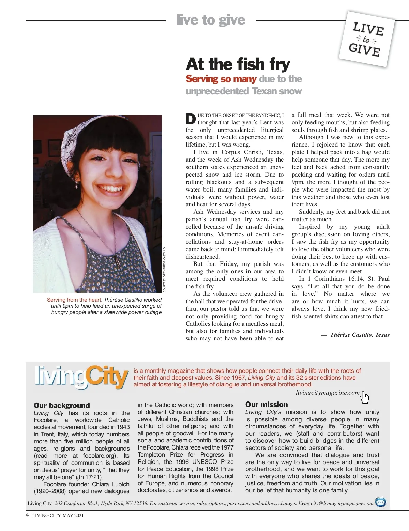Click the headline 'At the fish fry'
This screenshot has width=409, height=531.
pyautogui.click(x=238, y=64)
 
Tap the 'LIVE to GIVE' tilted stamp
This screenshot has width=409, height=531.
pyautogui.click(x=367, y=39)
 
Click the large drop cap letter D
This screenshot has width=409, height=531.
pyautogui.click(x=191, y=119)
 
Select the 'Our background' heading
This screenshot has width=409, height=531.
pyautogui.click(x=62, y=405)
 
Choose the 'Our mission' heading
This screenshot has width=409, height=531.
pyautogui.click(x=267, y=404)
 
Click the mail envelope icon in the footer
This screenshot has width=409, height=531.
pyautogui.click(x=380, y=502)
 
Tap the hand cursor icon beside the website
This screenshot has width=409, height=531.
pyautogui.click(x=365, y=397)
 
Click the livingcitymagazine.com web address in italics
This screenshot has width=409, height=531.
pyautogui.click(x=328, y=392)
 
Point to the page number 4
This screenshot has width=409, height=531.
pyautogui.click(x=27, y=515)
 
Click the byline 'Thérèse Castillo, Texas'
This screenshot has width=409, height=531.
pyautogui.click(x=360, y=335)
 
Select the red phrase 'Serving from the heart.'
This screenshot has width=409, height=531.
pyautogui.click(x=74, y=300)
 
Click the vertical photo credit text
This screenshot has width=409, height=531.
pyautogui.click(x=164, y=270)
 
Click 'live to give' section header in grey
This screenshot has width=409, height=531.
pyautogui.click(x=211, y=20)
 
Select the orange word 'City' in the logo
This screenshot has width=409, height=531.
pyautogui.click(x=107, y=377)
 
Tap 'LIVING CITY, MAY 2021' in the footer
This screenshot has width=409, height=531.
pyautogui.click(x=58, y=515)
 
